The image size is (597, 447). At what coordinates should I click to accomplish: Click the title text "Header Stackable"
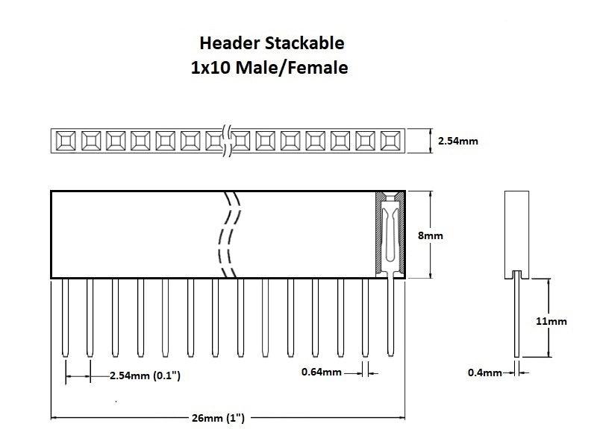[272, 43]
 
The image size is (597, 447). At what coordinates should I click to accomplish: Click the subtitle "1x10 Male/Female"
[269, 68]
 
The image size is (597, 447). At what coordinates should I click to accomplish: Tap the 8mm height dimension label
[430, 235]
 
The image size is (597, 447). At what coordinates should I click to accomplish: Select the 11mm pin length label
[551, 322]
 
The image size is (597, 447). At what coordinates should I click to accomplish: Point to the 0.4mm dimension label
[485, 372]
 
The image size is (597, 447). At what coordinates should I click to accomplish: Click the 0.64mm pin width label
[322, 372]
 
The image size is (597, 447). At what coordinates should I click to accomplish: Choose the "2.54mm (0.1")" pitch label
[145, 376]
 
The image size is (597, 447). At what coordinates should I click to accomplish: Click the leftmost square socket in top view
[65, 139]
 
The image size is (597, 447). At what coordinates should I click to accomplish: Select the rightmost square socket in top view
[391, 139]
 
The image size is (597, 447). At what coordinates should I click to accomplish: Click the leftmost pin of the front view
[65, 317]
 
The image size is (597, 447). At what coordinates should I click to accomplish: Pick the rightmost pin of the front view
[391, 317]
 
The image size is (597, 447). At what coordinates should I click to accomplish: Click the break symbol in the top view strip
[228, 140]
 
